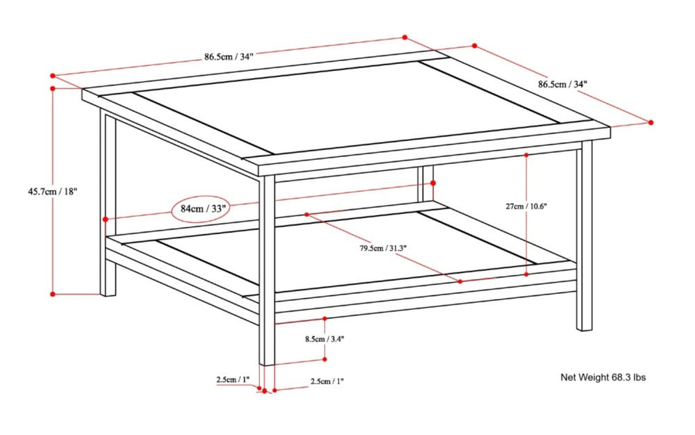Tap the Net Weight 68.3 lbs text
point(603,377)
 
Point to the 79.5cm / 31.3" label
point(383,248)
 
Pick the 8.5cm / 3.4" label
point(325,339)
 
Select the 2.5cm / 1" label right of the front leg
point(327,381)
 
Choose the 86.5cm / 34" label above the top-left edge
point(229,57)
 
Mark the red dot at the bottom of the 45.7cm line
point(54,294)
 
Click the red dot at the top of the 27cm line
point(527,154)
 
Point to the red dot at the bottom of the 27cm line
point(527,274)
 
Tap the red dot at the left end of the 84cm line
point(105,220)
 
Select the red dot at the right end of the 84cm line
point(432,183)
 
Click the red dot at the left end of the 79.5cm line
point(306,215)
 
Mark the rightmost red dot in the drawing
point(651,122)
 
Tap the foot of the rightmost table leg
point(584,326)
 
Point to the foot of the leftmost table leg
point(108,293)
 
